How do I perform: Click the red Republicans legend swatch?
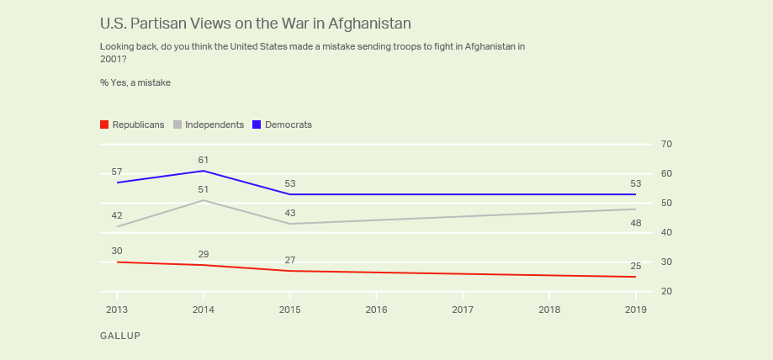(104, 124)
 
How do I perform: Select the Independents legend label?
(214, 124)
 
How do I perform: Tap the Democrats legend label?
(288, 124)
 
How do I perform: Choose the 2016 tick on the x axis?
(377, 310)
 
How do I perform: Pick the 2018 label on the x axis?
(548, 310)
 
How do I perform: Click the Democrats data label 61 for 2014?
(203, 160)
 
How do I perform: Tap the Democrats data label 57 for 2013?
(117, 172)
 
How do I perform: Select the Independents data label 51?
(203, 189)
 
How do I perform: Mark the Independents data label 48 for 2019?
(635, 224)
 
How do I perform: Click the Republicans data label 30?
(117, 251)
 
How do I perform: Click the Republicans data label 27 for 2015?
(290, 260)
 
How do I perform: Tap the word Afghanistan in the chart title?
(363, 23)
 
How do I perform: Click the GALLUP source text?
(119, 336)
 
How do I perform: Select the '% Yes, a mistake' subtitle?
(135, 82)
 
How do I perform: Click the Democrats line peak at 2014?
(204, 171)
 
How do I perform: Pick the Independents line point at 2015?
(290, 224)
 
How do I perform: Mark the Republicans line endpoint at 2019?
(635, 277)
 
